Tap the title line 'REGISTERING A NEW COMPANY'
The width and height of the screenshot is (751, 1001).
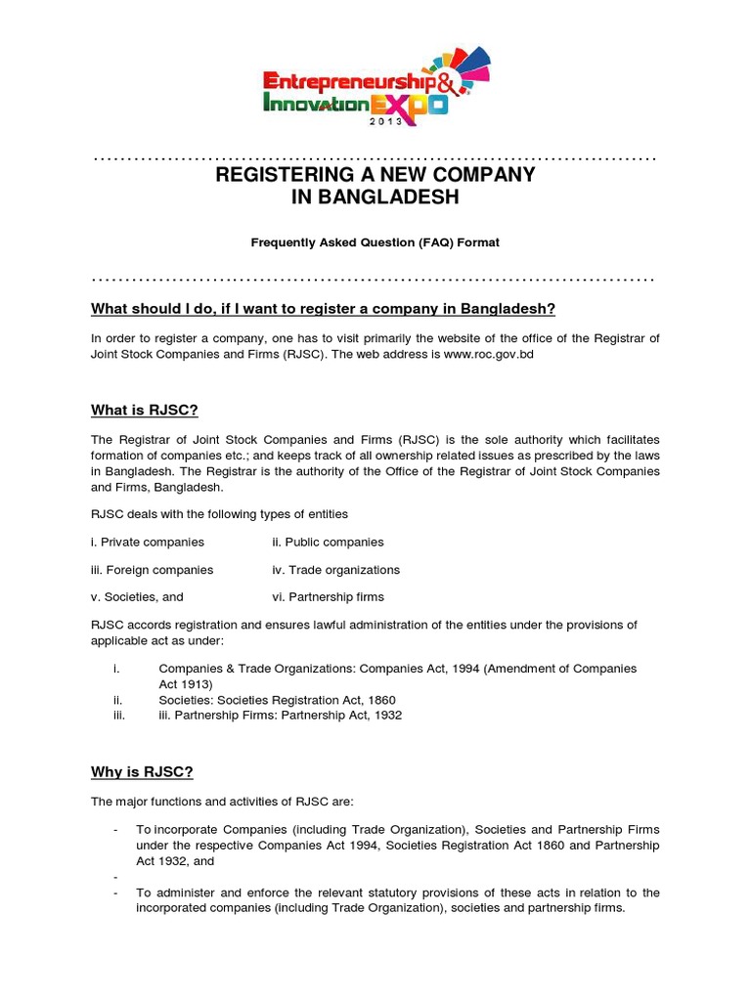375,175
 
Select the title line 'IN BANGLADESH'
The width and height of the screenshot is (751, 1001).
375,198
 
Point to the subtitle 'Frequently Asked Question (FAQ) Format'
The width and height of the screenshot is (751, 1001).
375,242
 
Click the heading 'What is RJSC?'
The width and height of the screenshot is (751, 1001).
145,410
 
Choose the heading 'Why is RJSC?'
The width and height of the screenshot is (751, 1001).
142,772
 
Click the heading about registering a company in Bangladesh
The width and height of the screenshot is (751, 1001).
323,310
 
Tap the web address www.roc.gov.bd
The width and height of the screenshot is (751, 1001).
488,356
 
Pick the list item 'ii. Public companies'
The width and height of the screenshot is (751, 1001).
328,542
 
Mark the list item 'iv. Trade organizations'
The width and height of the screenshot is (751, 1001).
335,570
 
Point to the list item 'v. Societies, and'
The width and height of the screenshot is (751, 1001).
137,597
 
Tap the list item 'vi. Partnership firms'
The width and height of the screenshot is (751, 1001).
328,597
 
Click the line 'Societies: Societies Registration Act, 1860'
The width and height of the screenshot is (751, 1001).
277,701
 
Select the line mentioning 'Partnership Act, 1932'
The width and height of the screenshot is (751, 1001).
280,716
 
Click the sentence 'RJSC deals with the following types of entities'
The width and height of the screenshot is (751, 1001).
219,514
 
